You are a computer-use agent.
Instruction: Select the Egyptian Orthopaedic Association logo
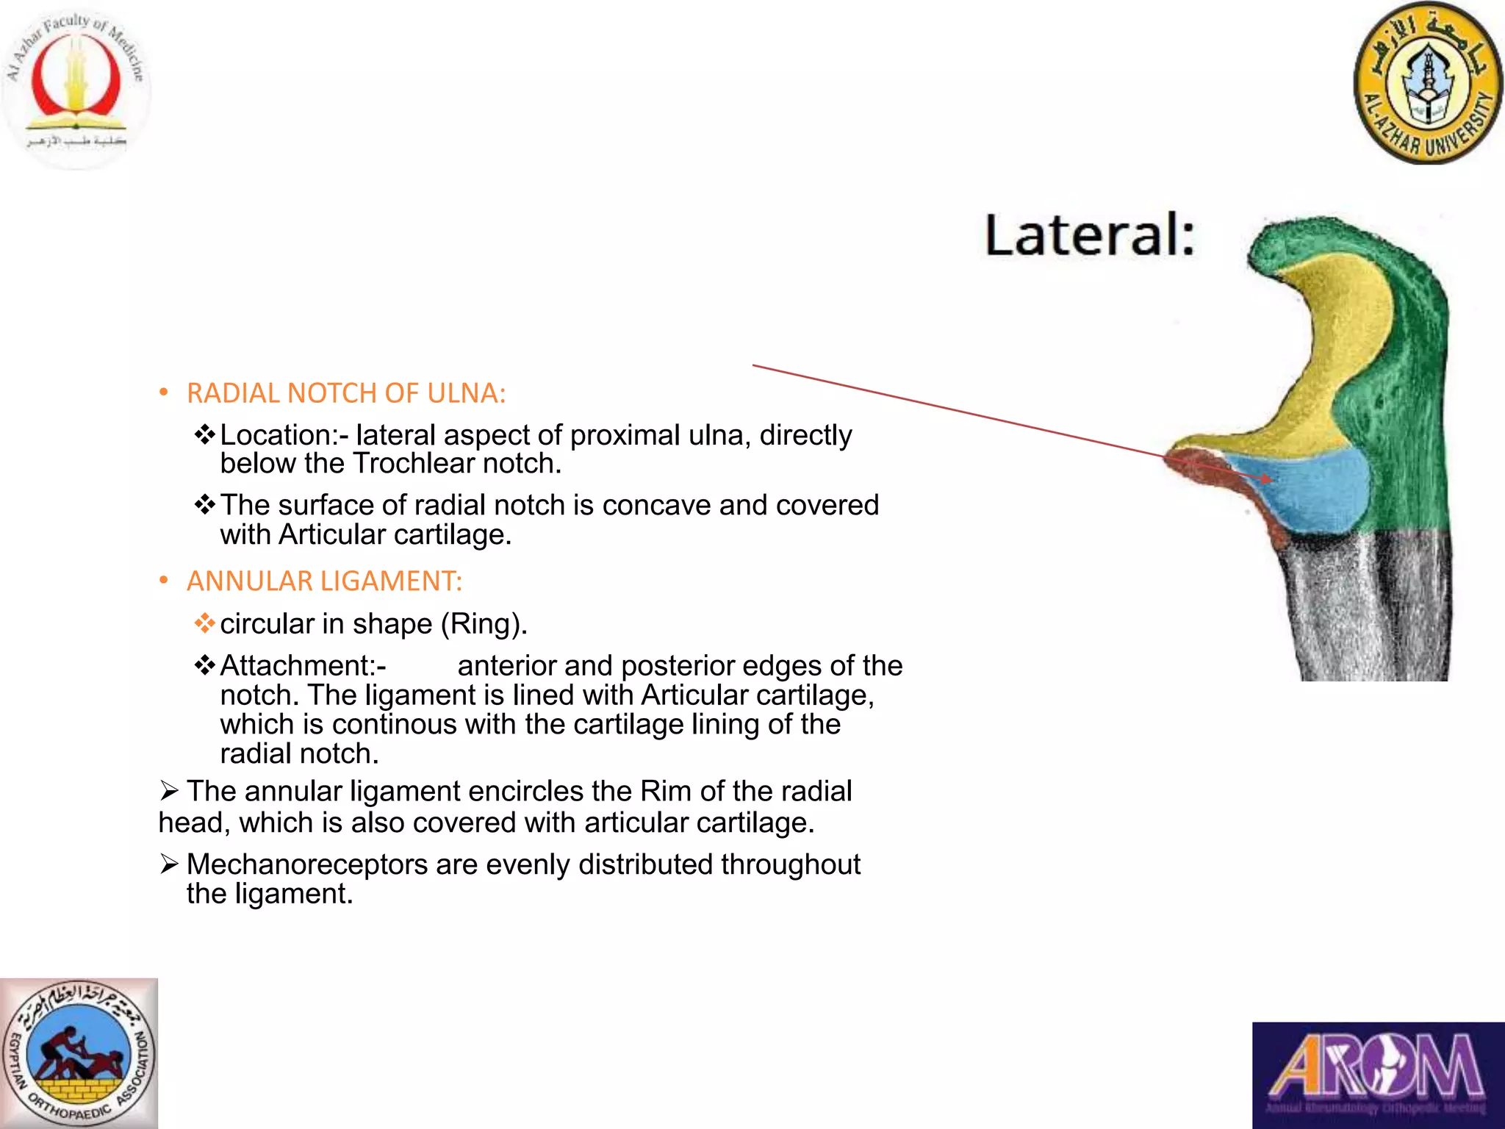click(x=79, y=1053)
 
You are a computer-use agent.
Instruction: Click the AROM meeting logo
click(x=1378, y=1075)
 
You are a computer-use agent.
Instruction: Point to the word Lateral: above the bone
click(x=1090, y=235)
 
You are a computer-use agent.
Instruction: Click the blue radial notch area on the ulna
click(x=1315, y=489)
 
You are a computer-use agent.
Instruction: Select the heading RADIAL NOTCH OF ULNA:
click(x=346, y=393)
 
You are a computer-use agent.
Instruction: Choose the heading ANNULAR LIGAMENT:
click(x=324, y=581)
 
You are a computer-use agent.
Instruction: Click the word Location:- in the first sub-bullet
click(x=284, y=435)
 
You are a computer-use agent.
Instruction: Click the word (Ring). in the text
click(x=484, y=624)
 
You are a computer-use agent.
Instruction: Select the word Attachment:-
click(x=303, y=666)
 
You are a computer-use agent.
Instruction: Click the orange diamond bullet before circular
click(x=204, y=624)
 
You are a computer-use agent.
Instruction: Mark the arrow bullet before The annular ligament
click(x=169, y=792)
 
